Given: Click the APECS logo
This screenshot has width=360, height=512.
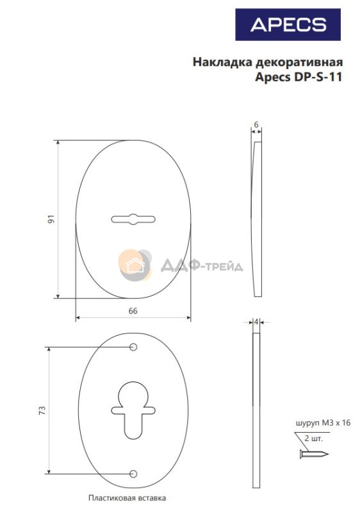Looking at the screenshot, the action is click(x=288, y=25).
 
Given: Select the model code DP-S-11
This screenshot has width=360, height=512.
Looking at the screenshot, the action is click(x=318, y=77).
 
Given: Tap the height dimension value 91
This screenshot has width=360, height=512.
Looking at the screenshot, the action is click(x=51, y=219).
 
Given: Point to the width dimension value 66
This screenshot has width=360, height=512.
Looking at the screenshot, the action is click(x=133, y=311).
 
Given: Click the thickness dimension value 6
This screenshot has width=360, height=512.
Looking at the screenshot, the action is click(x=256, y=124).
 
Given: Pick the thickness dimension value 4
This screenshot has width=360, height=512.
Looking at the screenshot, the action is click(x=256, y=322).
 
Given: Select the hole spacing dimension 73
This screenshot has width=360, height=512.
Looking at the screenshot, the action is click(x=42, y=410).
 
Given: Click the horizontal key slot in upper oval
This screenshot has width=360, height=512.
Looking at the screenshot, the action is click(x=133, y=219).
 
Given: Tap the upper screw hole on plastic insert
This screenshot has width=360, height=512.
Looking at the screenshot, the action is click(x=133, y=347).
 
